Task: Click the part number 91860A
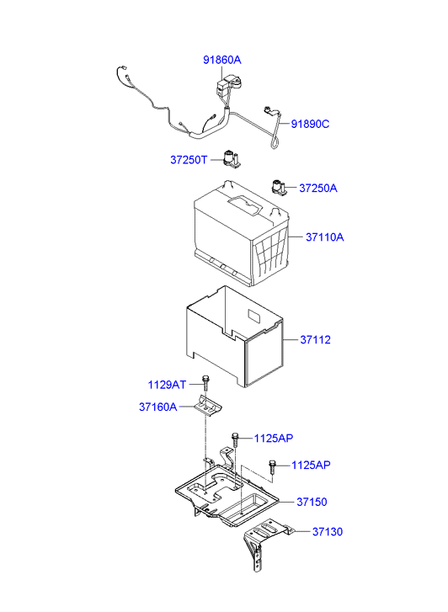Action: [x=221, y=60]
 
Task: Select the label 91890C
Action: [x=310, y=124]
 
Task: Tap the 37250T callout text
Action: [x=189, y=160]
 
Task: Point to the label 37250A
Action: [x=318, y=188]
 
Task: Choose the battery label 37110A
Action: [x=324, y=237]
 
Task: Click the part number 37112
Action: [x=315, y=339]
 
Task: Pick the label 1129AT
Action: [x=167, y=385]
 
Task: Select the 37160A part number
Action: [x=157, y=407]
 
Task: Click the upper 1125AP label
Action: [x=274, y=439]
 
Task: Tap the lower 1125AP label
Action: [x=311, y=466]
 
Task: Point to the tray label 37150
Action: [x=312, y=502]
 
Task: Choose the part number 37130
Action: [x=328, y=531]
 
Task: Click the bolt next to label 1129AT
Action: [x=205, y=382]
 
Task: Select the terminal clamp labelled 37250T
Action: [x=232, y=159]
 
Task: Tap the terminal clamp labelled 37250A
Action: [x=279, y=188]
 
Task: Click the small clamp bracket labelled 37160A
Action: [x=208, y=406]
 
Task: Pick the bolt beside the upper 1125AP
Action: [x=235, y=440]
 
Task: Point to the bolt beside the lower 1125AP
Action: [x=272, y=467]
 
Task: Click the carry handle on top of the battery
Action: [x=245, y=205]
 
